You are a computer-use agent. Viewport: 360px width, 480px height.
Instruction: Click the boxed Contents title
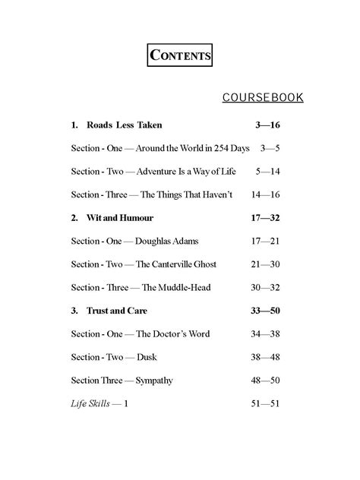click(179, 55)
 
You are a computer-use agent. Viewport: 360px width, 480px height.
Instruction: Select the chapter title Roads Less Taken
click(125, 125)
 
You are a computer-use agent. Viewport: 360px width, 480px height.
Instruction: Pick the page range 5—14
click(268, 172)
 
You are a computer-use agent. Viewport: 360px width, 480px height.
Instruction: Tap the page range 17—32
click(265, 218)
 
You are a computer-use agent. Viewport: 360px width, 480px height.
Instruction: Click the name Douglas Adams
click(167, 241)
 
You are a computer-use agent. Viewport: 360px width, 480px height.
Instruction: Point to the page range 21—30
click(265, 264)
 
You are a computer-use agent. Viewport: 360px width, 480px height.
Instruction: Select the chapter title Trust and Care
click(117, 311)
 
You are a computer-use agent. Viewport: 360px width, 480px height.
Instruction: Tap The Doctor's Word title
click(172, 334)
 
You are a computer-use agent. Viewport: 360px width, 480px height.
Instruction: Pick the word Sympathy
click(153, 381)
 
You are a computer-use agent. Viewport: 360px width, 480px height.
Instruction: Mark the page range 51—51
click(265, 404)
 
